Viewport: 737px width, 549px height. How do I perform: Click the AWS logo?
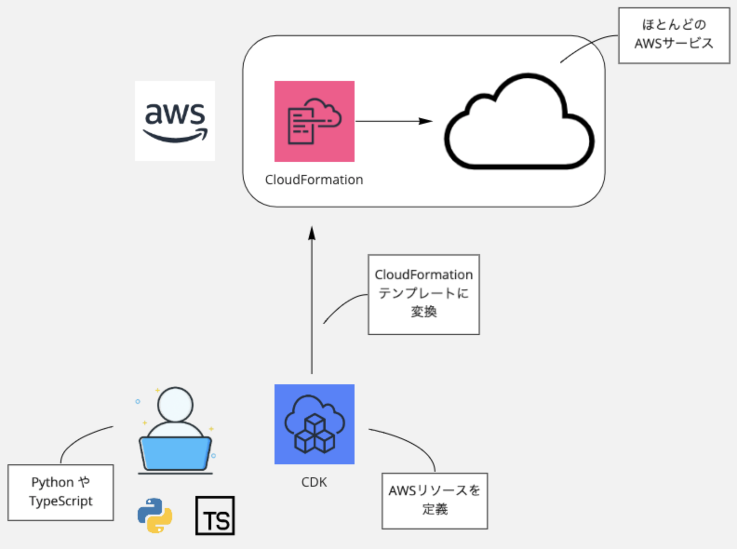pyautogui.click(x=175, y=121)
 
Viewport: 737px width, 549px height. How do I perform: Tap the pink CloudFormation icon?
pyautogui.click(x=314, y=121)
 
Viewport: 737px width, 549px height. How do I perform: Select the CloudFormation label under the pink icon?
pyautogui.click(x=314, y=180)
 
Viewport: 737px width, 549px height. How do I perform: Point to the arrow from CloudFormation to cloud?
pyautogui.click(x=393, y=121)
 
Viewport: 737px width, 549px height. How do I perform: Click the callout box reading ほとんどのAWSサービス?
pyautogui.click(x=674, y=35)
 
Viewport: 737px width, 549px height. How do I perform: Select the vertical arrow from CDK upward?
pyautogui.click(x=312, y=302)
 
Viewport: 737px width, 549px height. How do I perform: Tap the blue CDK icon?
pyautogui.click(x=314, y=424)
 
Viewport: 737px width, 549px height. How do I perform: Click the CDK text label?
pyautogui.click(x=314, y=482)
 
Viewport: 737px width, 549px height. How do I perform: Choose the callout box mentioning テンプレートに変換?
pyautogui.click(x=423, y=294)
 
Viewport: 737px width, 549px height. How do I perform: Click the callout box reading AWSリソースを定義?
pyautogui.click(x=435, y=501)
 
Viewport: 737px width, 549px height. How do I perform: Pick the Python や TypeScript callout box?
pyautogui.click(x=60, y=492)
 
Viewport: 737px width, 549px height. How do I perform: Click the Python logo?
pyautogui.click(x=155, y=516)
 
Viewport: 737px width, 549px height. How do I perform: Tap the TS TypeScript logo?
pyautogui.click(x=215, y=516)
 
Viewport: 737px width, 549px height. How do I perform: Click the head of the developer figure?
pyautogui.click(x=175, y=404)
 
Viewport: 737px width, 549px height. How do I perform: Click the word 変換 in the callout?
pyautogui.click(x=423, y=312)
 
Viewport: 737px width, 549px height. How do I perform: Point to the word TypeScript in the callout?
pyautogui.click(x=60, y=502)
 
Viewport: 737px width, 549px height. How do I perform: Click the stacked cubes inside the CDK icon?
pyautogui.click(x=315, y=435)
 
